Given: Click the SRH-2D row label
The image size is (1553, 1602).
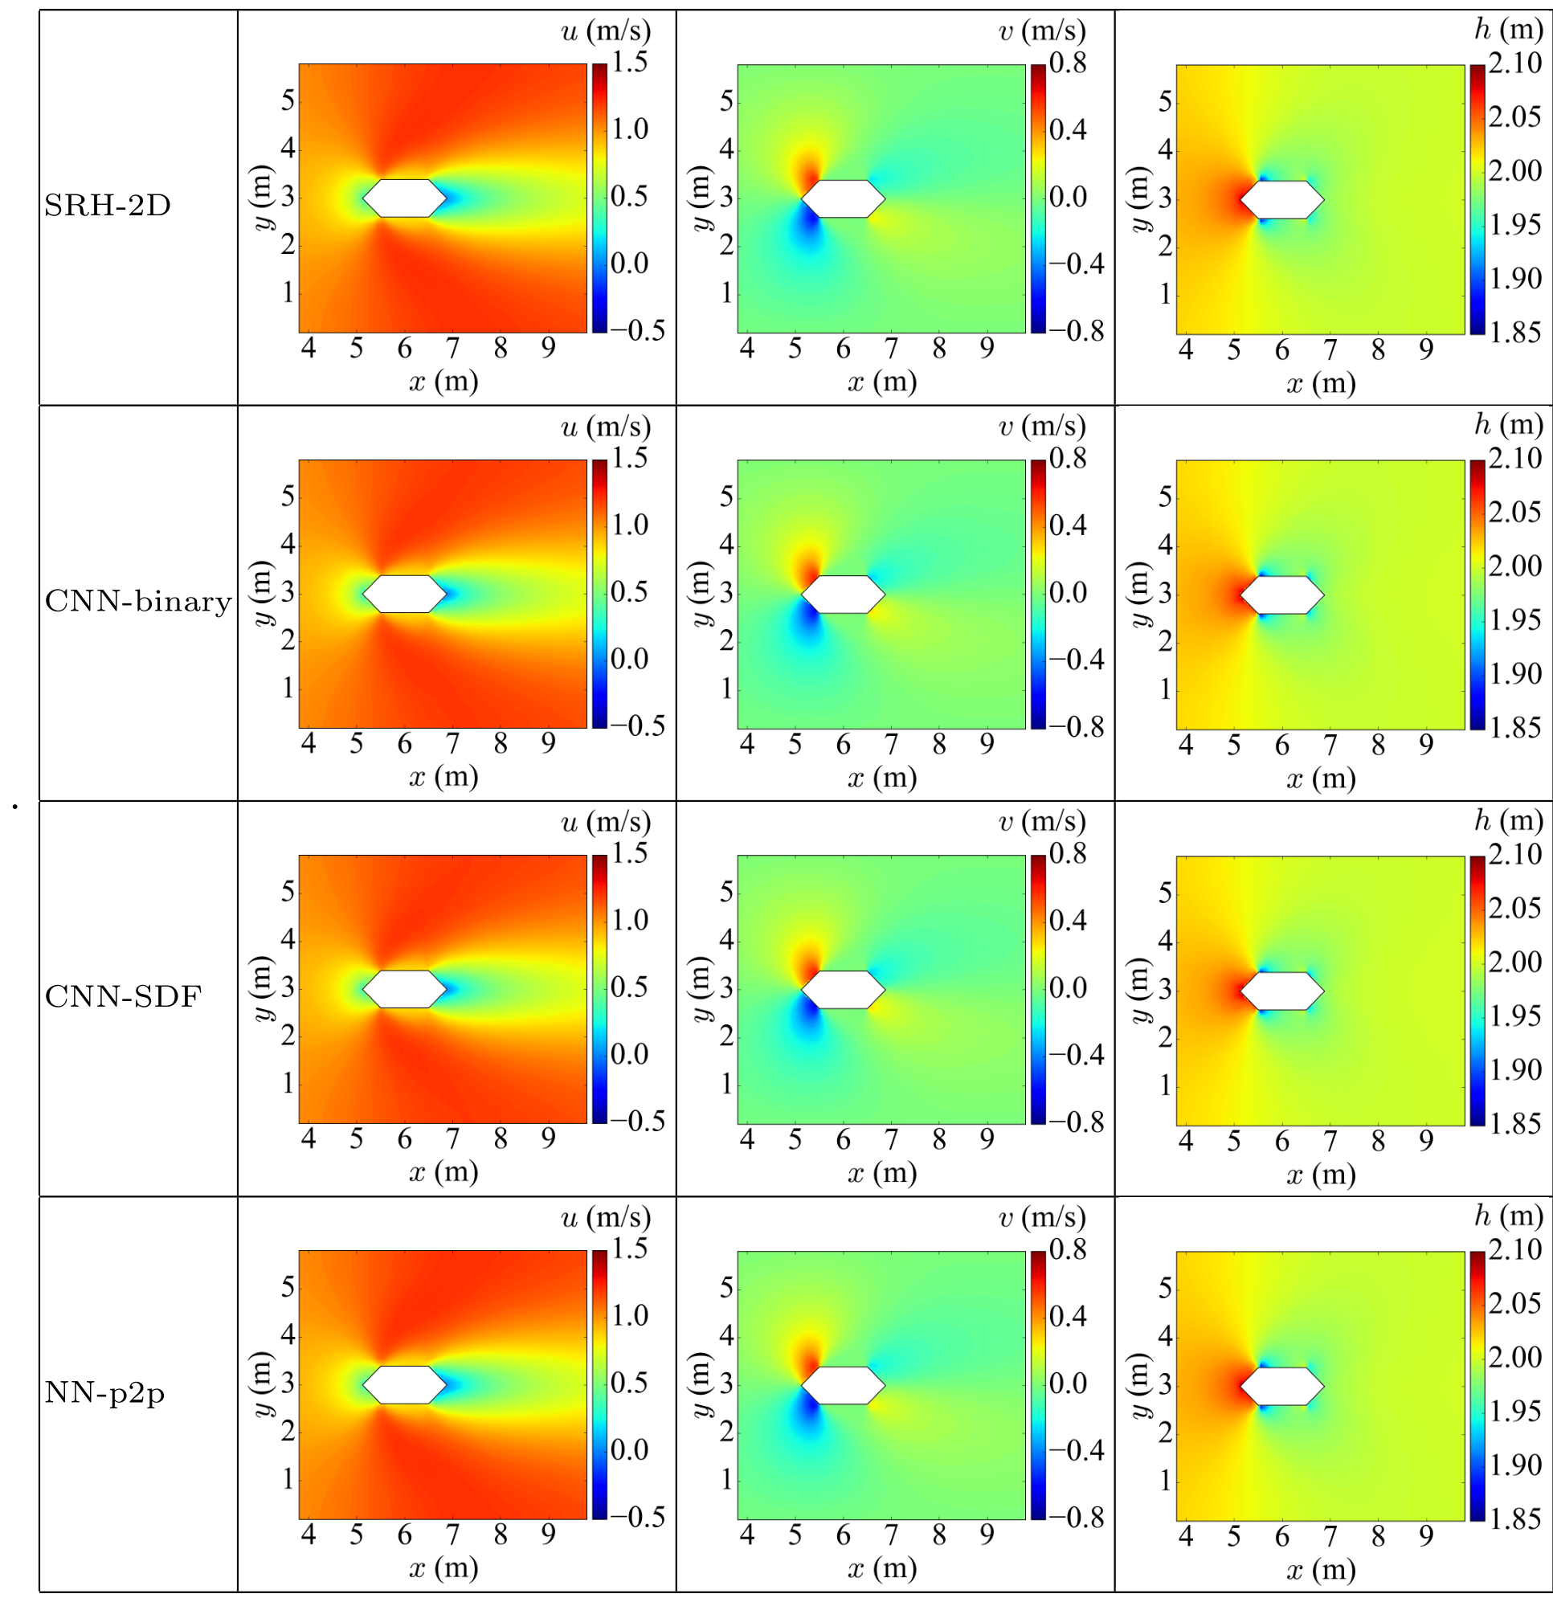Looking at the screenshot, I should [x=107, y=205].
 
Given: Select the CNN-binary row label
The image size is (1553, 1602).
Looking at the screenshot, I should [x=137, y=602].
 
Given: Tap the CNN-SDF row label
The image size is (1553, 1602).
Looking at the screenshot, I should [x=123, y=996].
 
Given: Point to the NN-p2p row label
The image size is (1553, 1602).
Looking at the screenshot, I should [x=104, y=1392].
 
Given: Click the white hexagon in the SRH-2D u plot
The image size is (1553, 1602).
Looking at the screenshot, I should [x=405, y=198].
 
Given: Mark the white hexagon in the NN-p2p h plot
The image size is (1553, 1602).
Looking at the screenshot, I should [x=1281, y=1385].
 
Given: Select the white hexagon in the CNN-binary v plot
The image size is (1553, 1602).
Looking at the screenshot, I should [x=843, y=595].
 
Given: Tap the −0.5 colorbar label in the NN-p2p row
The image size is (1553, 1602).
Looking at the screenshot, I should [x=638, y=1517].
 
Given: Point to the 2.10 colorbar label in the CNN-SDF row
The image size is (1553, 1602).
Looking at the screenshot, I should [x=1514, y=854].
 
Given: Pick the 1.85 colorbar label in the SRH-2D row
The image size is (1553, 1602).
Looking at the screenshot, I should [x=1514, y=332].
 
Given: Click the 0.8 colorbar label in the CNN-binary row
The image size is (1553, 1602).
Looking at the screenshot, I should [x=1068, y=459].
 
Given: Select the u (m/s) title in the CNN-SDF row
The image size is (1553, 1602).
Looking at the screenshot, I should [x=606, y=821].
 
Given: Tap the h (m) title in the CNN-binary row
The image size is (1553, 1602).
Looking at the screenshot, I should [x=1508, y=425].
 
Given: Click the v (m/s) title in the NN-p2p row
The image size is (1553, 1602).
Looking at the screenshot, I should [x=1042, y=1218].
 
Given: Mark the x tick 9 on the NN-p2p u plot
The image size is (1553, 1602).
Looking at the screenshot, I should [x=549, y=1535].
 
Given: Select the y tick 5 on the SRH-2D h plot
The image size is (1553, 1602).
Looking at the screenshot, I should [x=1165, y=101].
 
